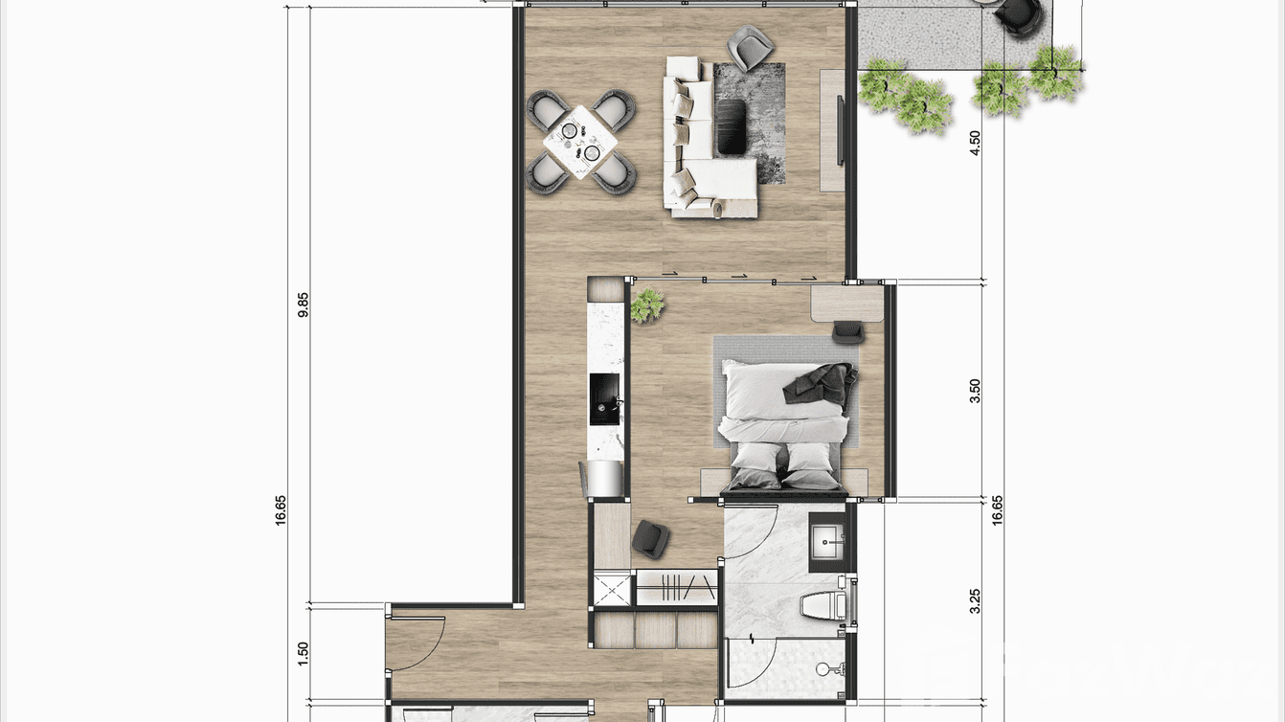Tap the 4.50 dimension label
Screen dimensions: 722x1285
(x=975, y=143)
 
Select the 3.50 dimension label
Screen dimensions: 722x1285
(x=975, y=391)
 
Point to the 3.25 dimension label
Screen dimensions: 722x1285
(x=975, y=600)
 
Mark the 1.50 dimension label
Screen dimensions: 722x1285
(x=304, y=653)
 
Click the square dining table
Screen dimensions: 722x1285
(x=579, y=142)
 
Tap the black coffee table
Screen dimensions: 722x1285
(x=733, y=126)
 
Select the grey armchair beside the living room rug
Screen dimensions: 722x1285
(x=750, y=45)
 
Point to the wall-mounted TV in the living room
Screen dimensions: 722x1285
(x=841, y=130)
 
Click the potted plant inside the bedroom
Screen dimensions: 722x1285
(x=648, y=305)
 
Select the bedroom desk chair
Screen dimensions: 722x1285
(x=847, y=331)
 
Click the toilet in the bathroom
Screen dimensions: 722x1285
(x=824, y=605)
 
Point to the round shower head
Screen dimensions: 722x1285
(x=823, y=668)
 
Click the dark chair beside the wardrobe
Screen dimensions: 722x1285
(x=650, y=539)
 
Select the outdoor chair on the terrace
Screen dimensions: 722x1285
(x=1017, y=13)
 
